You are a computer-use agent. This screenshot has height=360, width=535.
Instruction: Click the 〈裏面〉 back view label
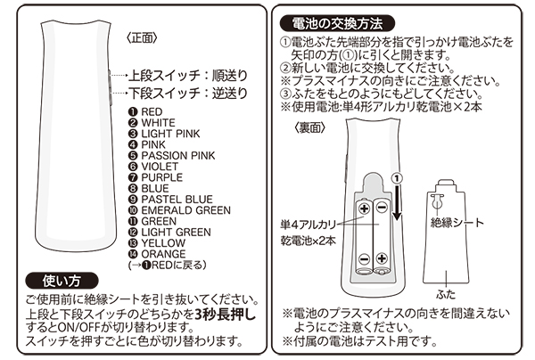point(308,128)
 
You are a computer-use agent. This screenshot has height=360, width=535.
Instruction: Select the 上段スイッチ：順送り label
point(186,75)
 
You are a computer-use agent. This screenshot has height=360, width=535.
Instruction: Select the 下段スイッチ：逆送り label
point(186,92)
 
